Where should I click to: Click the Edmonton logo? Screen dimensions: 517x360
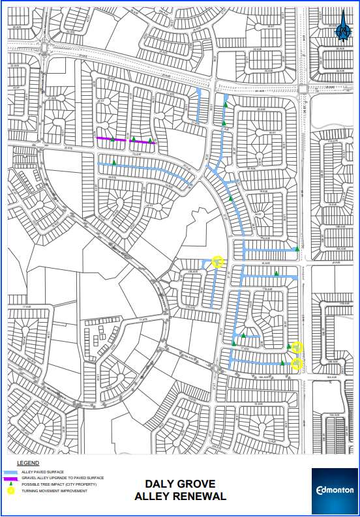pyautogui.click(x=334, y=490)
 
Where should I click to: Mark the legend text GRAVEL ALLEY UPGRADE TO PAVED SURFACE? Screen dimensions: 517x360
pyautogui.click(x=62, y=479)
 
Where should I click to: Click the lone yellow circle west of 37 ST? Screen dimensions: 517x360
pyautogui.click(x=218, y=262)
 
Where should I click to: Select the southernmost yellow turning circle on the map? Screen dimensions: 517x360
pyautogui.click(x=297, y=364)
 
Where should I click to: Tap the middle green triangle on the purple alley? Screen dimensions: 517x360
pyautogui.click(x=134, y=140)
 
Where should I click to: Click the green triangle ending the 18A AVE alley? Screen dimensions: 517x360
pyautogui.click(x=297, y=248)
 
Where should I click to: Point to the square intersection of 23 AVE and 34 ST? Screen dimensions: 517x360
pyautogui.click(x=304, y=89)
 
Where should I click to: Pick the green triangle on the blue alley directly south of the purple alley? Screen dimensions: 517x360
pyautogui.click(x=115, y=162)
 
